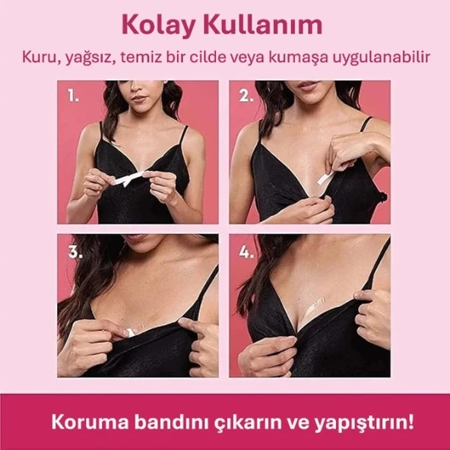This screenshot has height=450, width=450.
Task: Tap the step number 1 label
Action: coord(73,97)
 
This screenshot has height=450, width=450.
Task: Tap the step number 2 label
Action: coord(246,97)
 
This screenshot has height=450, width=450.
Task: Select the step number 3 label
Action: coord(74,252)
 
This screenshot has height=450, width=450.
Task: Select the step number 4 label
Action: coord(246,252)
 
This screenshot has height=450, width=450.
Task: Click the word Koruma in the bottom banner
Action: coord(83,420)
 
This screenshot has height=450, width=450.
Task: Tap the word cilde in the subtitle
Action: coord(215,57)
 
